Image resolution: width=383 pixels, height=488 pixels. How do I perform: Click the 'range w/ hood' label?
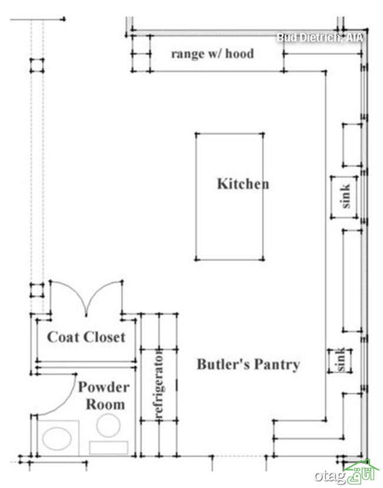pos(213,54)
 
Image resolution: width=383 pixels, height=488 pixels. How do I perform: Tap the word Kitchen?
pos(243,184)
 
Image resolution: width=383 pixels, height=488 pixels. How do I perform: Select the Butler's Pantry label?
pos(248,364)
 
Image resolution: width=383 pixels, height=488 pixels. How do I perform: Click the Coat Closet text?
pos(86,337)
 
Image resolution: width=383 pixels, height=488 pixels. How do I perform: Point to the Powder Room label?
pos(103,395)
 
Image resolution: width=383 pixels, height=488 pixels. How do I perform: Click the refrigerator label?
pos(159,385)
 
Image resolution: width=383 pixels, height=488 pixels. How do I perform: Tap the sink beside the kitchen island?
pos(344,197)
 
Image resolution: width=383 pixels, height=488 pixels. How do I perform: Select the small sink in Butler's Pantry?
pos(340,360)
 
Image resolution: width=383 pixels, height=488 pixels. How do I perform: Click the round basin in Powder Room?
pos(108,425)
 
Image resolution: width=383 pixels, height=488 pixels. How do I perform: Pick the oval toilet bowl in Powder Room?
pos(57,438)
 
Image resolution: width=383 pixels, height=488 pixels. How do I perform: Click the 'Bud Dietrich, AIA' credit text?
pos(320,38)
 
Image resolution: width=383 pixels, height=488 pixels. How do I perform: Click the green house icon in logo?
pos(362,470)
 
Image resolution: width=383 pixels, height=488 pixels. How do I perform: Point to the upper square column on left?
pos(37,65)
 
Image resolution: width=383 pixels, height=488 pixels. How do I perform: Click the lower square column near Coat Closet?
pos(37,290)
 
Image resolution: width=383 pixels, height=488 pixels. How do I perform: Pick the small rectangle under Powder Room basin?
pos(108,447)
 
